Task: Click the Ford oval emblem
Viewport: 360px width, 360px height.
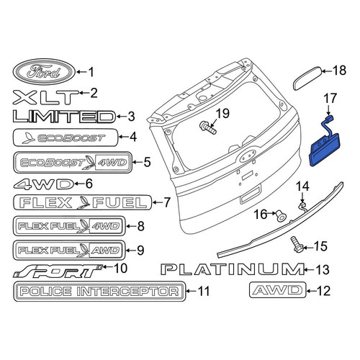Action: [44, 72]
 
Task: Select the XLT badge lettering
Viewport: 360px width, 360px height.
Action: [45, 97]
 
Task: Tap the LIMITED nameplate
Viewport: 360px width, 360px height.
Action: [64, 117]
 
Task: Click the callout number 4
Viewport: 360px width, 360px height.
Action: [132, 137]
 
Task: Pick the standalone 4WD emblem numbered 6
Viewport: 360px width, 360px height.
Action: [43, 184]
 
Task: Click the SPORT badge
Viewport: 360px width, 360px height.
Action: [57, 271]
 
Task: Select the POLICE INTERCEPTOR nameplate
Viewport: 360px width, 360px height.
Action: [99, 292]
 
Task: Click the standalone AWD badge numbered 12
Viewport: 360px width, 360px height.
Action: [278, 290]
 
